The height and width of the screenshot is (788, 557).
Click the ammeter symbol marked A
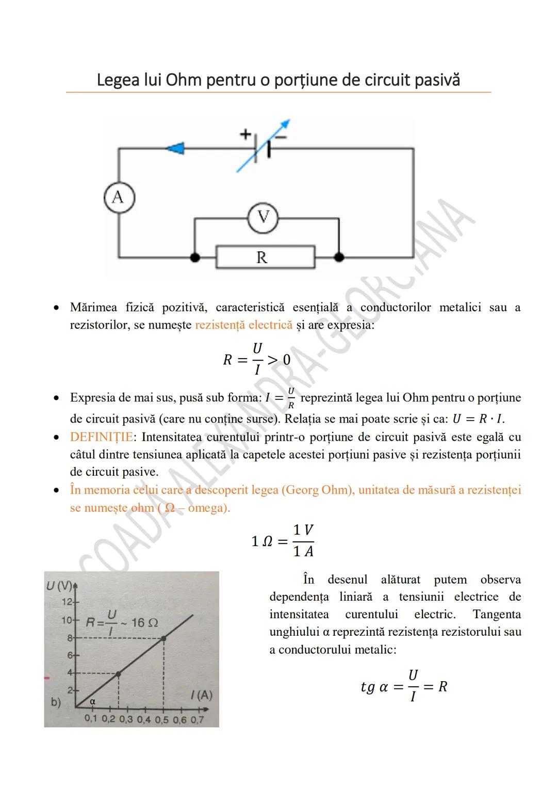tap(119, 198)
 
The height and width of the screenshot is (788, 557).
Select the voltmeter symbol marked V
tap(263, 218)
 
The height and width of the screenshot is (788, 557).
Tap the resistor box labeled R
tap(265, 257)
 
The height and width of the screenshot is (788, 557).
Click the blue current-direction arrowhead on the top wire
tap(175, 149)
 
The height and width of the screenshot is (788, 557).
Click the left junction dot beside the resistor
tap(194, 257)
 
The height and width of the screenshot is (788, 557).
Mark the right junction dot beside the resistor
tap(339, 257)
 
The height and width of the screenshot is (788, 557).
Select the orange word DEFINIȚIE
tap(101, 437)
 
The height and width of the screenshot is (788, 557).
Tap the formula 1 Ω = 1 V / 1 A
tap(283, 541)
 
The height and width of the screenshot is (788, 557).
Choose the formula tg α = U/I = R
tap(404, 686)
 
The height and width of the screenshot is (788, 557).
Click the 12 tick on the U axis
tap(68, 602)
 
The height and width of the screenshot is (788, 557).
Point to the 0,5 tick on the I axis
tap(161, 719)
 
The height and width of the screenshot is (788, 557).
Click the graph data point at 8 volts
tap(163, 638)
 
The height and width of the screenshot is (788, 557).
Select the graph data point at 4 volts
tap(118, 673)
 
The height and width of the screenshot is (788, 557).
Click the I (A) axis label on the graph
tap(201, 695)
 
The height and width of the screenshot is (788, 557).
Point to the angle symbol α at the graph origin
tap(93, 702)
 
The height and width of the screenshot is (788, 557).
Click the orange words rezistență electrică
tap(243, 325)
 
